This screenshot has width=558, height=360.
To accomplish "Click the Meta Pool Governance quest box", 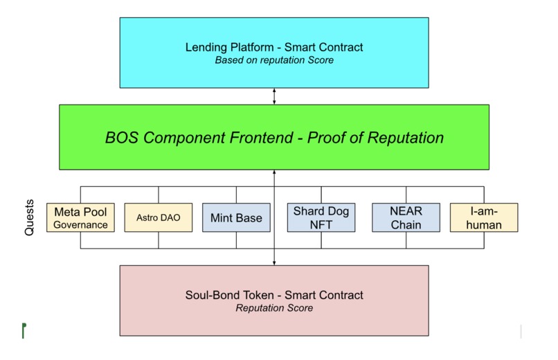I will [80, 217].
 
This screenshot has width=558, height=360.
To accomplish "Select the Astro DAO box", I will [157, 217].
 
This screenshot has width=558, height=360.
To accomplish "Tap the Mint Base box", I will [236, 217].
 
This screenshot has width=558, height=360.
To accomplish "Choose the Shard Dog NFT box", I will [321, 217].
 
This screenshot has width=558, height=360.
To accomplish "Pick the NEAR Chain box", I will [405, 217].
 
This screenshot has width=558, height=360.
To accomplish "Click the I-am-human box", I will [484, 217].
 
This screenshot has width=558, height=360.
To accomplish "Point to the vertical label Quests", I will [29, 219].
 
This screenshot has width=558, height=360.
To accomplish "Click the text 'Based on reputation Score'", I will [274, 60].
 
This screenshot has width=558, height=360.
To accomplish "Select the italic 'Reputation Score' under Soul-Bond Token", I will [274, 308].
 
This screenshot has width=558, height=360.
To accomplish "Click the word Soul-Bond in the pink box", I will [210, 295].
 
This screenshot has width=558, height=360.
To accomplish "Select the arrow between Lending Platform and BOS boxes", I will [274, 96].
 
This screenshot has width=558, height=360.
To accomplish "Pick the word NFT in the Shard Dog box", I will [321, 224].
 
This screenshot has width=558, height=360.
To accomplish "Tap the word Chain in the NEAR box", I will [406, 224].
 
